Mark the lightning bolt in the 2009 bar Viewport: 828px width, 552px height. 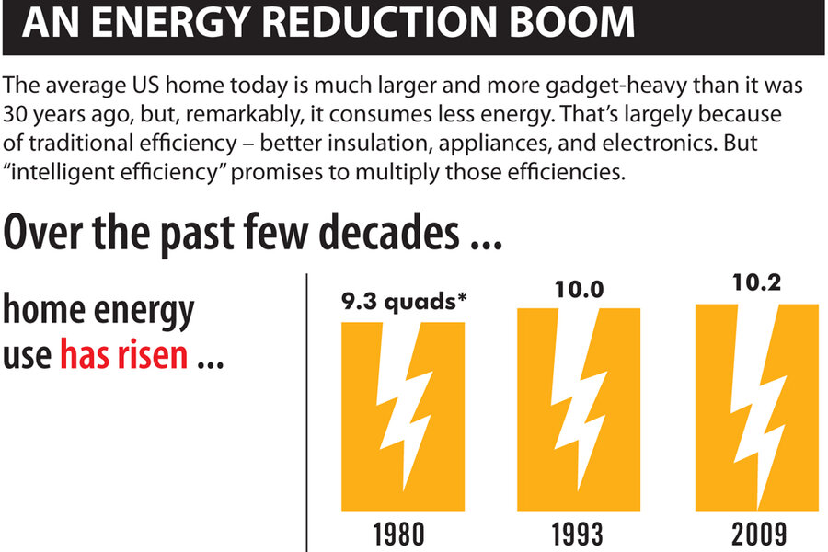click(756, 405)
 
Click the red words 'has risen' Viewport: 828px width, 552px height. click(123, 354)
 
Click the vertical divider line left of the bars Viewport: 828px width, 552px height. click(306, 414)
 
